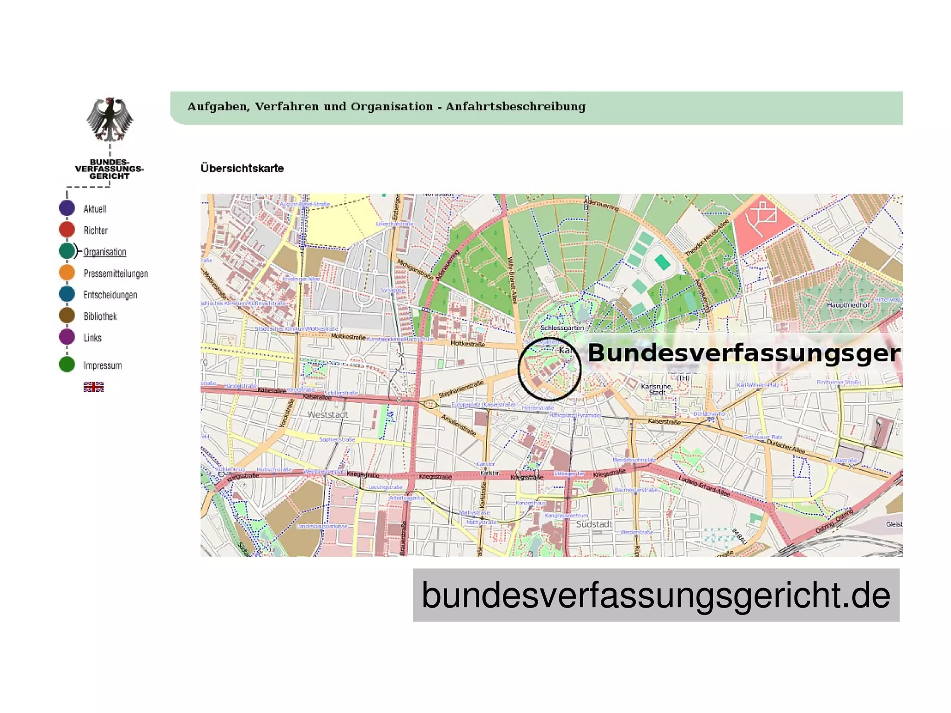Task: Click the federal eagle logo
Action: (x=110, y=120)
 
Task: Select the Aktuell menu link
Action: (x=95, y=209)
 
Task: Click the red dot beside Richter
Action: (x=67, y=229)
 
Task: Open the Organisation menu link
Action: (x=104, y=252)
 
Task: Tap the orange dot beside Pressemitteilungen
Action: (x=67, y=273)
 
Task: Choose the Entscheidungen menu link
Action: (x=110, y=295)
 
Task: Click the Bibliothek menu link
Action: (x=100, y=316)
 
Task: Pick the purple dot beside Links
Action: (x=67, y=337)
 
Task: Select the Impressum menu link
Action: (x=102, y=366)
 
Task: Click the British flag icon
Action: (x=93, y=387)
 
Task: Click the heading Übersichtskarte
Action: (x=242, y=168)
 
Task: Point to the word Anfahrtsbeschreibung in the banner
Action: (x=515, y=106)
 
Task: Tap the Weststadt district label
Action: (x=327, y=414)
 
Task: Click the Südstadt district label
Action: (x=594, y=524)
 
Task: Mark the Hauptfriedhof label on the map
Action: (x=848, y=305)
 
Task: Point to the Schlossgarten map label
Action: (x=562, y=328)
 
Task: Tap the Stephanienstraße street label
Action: (x=461, y=389)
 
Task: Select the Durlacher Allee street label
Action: (x=786, y=446)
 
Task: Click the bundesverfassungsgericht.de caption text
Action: (x=656, y=595)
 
